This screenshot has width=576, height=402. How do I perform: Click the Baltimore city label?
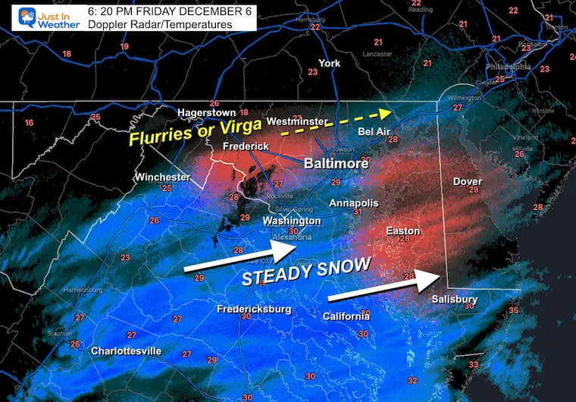336,163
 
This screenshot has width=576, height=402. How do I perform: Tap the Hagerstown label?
207,112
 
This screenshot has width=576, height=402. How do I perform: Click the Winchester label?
162,177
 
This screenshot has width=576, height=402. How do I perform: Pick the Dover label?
467,181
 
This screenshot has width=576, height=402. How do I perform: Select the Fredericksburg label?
255,309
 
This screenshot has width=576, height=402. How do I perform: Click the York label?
330,63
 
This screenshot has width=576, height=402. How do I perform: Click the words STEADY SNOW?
306,271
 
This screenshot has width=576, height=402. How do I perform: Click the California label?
346,316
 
